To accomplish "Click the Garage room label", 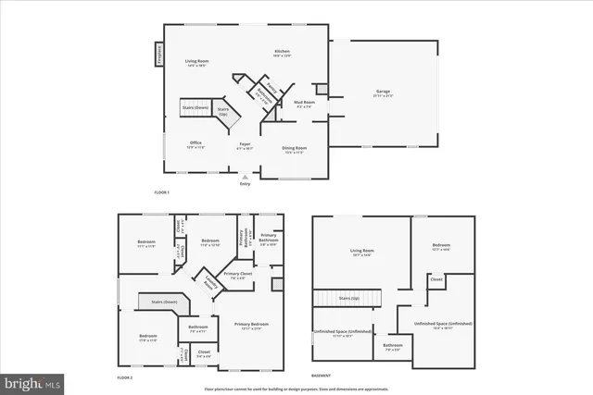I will pos(382,92).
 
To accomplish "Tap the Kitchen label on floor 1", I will pos(283,52).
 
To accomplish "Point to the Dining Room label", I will pos(295,148).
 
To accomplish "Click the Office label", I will pos(196,142).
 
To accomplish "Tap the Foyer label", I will pos(246,144).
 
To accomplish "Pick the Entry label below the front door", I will pos(245,183).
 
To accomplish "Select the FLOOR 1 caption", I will pos(162,191).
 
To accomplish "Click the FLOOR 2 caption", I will pos(125,378).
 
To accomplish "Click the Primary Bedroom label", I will pos(251,324).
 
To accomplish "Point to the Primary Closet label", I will pos(238,275).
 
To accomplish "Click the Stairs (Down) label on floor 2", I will pos(158,302).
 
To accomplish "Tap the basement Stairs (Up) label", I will pos(349,299).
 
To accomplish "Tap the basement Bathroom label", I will pos(392,347).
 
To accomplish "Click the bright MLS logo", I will pos(33,381).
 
